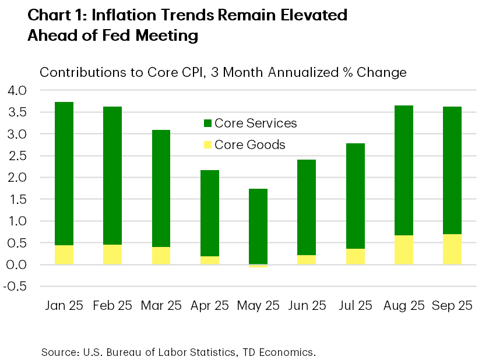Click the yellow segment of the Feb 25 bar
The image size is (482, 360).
point(112,255)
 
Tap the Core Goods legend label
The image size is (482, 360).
point(250,144)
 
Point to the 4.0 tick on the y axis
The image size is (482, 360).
point(17,90)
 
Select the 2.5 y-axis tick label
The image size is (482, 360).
point(17,156)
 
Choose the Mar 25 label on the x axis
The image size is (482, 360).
point(160,305)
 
